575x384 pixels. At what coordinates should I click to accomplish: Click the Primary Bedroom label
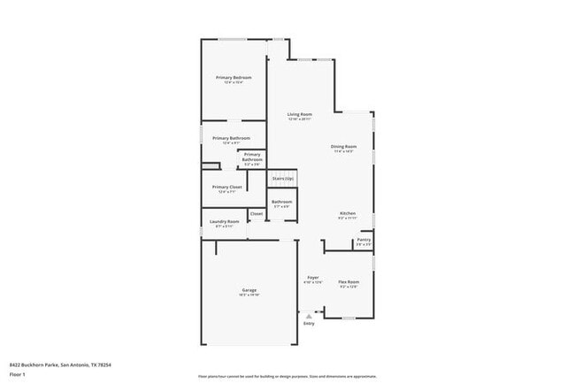pyautogui.click(x=234, y=78)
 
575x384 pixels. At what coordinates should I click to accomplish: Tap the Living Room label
pyautogui.click(x=300, y=115)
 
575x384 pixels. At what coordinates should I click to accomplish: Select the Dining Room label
pyautogui.click(x=344, y=146)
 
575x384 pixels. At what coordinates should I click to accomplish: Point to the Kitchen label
pyautogui.click(x=349, y=214)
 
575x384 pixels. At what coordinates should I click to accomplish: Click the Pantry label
pyautogui.click(x=364, y=240)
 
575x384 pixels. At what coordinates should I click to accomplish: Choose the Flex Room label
pyautogui.click(x=349, y=282)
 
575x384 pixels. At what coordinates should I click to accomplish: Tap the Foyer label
pyautogui.click(x=313, y=278)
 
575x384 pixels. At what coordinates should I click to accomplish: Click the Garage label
pyautogui.click(x=249, y=290)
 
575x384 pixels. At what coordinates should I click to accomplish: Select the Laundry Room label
pyautogui.click(x=224, y=221)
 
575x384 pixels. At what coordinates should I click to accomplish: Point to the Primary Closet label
pyautogui.click(x=227, y=187)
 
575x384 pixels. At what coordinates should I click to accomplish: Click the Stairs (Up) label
pyautogui.click(x=282, y=178)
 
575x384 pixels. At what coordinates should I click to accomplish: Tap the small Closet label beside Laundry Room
pyautogui.click(x=257, y=213)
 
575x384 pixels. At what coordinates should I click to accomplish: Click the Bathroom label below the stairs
pyautogui.click(x=282, y=202)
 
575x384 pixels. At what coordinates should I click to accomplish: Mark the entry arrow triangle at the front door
pyautogui.click(x=309, y=315)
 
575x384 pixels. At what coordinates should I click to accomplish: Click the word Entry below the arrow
pyautogui.click(x=309, y=323)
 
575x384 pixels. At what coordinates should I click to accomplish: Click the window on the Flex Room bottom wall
pyautogui.click(x=349, y=318)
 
